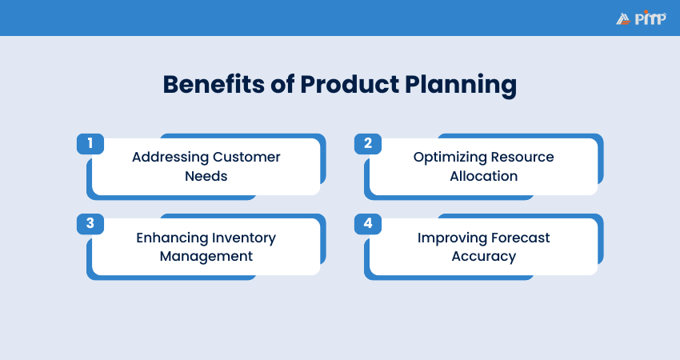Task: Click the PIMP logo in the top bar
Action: (640, 18)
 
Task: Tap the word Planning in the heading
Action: (463, 85)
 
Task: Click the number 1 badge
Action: (90, 143)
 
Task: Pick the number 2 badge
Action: (368, 143)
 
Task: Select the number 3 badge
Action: (90, 223)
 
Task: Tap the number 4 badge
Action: (368, 223)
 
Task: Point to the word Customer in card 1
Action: (246, 157)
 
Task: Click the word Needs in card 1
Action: (206, 176)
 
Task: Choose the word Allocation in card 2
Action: (483, 176)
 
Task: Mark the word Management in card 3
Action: (206, 257)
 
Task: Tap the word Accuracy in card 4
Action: (483, 257)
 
